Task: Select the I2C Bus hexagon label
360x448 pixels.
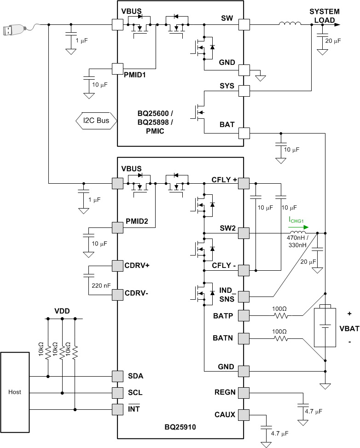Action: (96, 121)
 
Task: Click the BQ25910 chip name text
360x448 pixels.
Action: (180, 427)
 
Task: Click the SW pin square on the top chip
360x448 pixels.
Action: (244, 24)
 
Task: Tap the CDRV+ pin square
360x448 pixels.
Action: (118, 266)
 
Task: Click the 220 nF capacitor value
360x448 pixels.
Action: (101, 285)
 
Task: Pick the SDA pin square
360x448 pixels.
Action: (118, 376)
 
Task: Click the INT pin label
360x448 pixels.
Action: (134, 408)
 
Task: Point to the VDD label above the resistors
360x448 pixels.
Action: (62, 311)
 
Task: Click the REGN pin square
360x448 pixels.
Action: (244, 393)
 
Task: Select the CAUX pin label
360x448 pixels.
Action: (225, 414)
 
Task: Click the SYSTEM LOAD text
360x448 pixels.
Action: (324, 15)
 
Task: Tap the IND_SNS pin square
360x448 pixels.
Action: (244, 296)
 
